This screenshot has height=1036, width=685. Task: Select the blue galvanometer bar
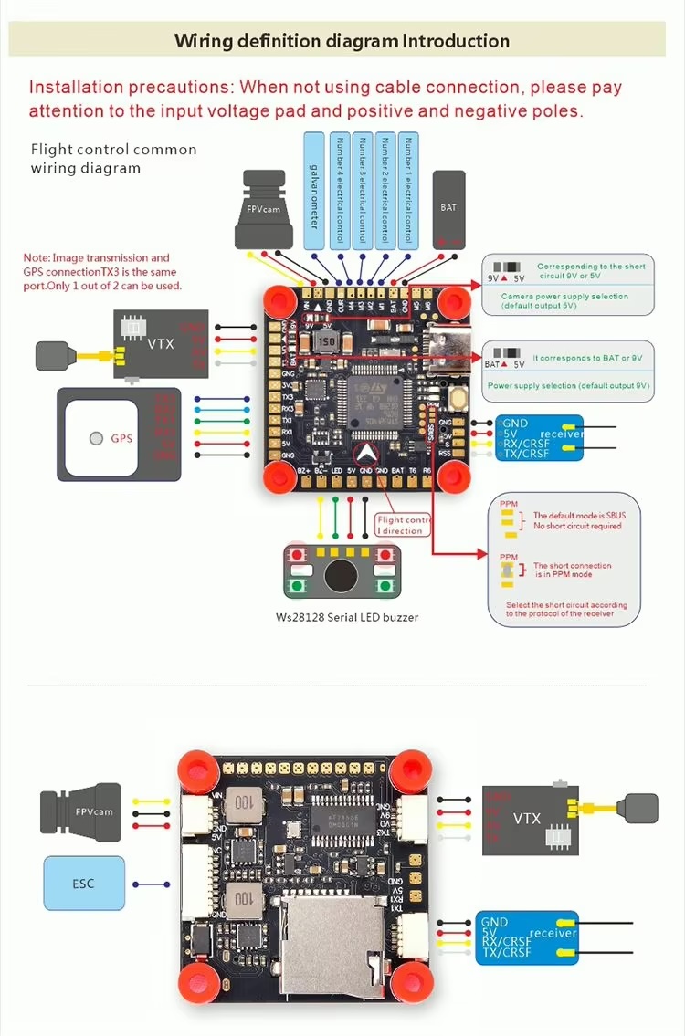click(x=314, y=191)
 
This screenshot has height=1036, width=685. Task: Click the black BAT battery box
click(x=448, y=209)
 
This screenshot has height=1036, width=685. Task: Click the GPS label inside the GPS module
click(x=121, y=438)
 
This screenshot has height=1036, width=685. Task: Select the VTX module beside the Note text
click(x=160, y=343)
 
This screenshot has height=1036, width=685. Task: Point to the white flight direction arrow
click(x=365, y=450)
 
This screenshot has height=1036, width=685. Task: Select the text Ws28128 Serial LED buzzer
click(x=347, y=617)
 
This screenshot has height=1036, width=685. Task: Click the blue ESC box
click(x=84, y=883)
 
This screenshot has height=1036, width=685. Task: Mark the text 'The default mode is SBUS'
click(x=577, y=516)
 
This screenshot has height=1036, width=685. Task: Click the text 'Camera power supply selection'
click(x=564, y=297)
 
